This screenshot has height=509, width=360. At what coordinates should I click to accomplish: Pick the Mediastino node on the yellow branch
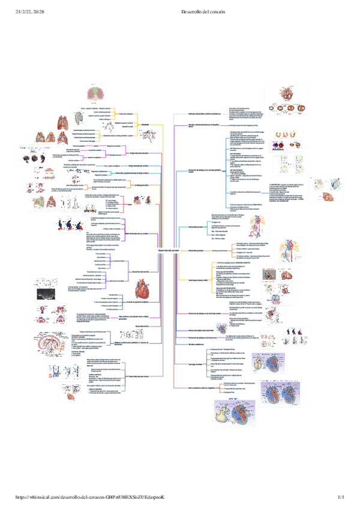click(145, 124)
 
